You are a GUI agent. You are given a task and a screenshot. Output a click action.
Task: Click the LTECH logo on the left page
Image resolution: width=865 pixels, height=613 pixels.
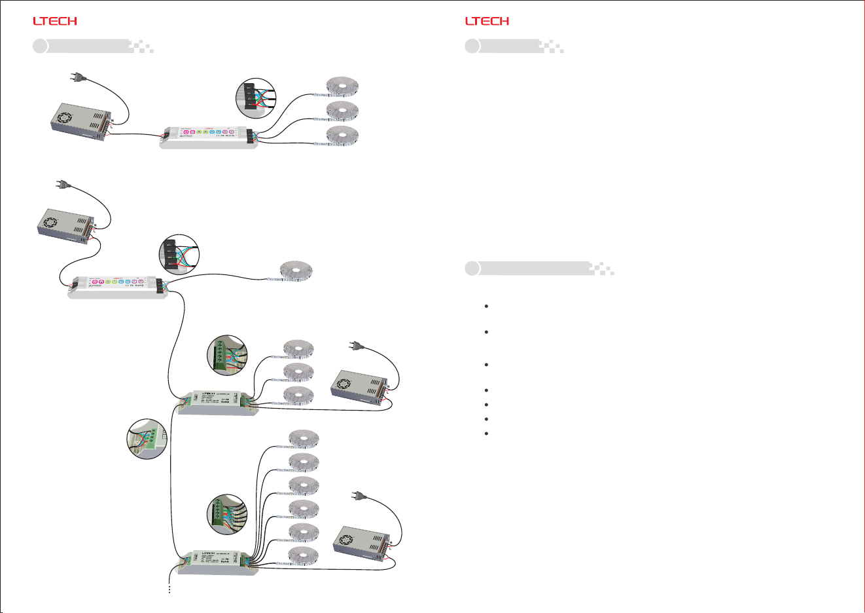point(55,21)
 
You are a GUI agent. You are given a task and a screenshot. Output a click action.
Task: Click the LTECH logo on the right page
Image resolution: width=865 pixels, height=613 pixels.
point(487,21)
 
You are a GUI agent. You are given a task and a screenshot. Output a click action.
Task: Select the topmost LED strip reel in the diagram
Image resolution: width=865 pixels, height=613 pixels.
point(343,86)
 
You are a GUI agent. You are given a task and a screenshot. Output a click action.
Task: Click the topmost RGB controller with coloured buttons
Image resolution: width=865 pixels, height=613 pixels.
point(209,136)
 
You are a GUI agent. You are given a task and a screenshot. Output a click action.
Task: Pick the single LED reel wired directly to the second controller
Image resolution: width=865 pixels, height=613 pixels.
point(296,270)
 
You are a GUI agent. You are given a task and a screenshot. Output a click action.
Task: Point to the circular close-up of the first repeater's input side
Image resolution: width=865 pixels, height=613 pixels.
point(147,438)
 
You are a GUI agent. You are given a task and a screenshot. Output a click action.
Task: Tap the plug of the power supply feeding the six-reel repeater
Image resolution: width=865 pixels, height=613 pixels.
point(359,497)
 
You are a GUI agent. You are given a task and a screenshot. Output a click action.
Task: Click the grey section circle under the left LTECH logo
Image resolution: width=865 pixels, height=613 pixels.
point(41,46)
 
